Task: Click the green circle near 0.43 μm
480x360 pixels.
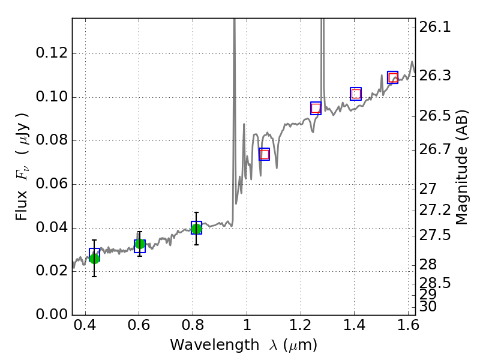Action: (x=94, y=258)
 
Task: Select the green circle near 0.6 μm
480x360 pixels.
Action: (x=140, y=244)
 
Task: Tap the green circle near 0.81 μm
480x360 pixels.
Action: (x=196, y=229)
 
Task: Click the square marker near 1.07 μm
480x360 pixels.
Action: (x=264, y=154)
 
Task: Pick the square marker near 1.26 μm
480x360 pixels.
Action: (x=316, y=108)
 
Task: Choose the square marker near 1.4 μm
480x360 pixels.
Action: (x=356, y=94)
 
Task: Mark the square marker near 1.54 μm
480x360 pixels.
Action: (x=392, y=77)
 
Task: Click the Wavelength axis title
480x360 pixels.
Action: (x=243, y=345)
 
